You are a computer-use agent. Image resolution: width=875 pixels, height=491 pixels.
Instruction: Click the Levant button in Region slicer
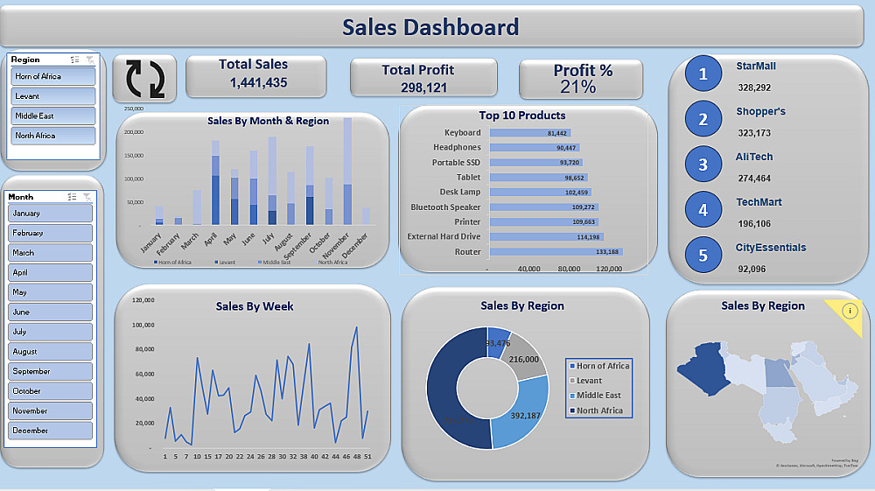coord(52,96)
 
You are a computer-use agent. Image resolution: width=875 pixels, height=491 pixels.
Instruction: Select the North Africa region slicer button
coord(52,136)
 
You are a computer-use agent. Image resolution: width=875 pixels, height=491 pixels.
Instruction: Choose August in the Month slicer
coord(50,352)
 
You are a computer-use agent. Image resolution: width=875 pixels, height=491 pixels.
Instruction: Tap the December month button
coord(50,431)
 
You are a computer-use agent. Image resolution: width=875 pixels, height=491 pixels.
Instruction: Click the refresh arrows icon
coord(144,78)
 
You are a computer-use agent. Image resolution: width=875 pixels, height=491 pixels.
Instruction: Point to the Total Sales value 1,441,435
coord(258,83)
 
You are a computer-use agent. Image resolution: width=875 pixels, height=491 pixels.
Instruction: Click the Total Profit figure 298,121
coord(423,88)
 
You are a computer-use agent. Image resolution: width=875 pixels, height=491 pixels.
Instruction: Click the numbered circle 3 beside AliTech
coord(703,165)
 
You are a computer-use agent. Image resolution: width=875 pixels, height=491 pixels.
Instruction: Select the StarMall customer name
coord(756,66)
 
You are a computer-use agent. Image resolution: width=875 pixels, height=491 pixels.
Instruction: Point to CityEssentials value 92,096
coord(752,269)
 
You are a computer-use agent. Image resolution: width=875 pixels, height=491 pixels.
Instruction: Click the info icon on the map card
coord(850,311)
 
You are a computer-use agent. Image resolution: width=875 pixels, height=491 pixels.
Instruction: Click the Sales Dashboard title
coord(430,27)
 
